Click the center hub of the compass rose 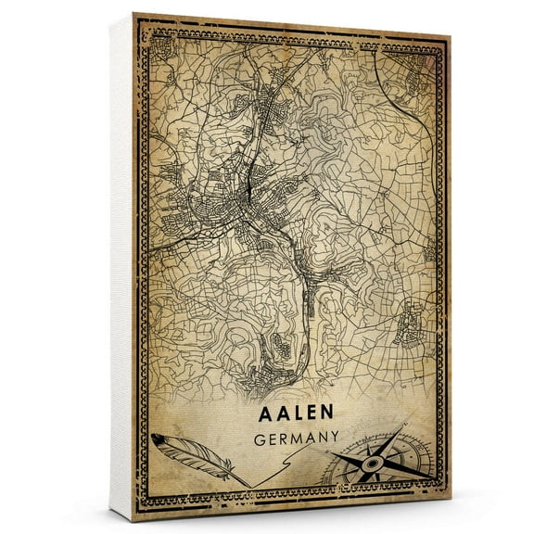369,459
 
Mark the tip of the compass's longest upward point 404,427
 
